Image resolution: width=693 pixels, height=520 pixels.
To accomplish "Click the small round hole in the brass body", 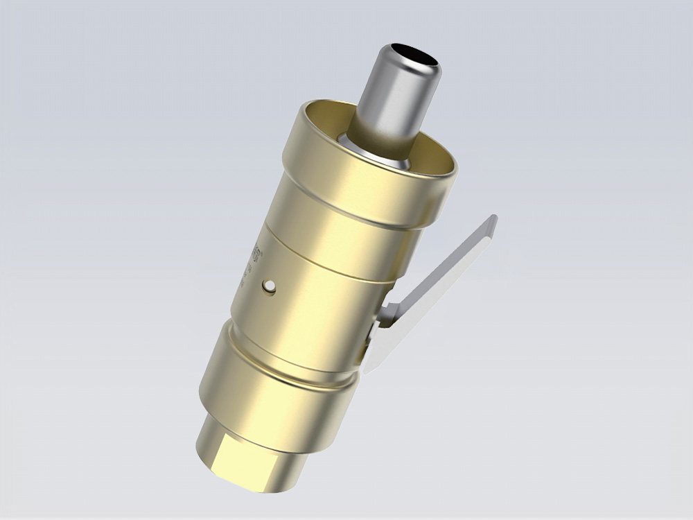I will (x=268, y=286).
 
